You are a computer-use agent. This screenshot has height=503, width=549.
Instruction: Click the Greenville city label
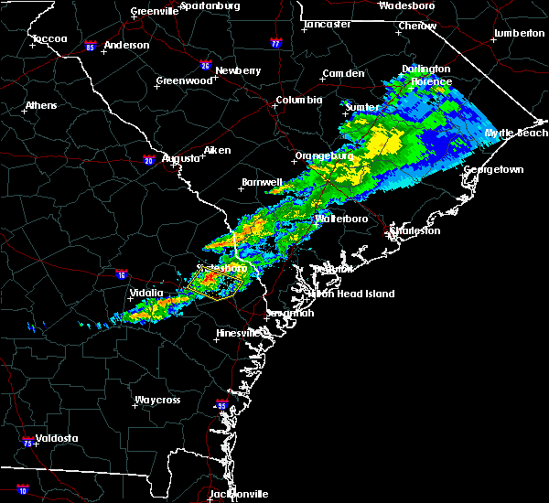(154, 11)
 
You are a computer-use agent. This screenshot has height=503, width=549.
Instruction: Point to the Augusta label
(180, 158)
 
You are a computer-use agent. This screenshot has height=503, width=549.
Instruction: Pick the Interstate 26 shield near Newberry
(206, 65)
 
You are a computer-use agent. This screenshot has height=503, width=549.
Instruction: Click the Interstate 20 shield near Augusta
(148, 161)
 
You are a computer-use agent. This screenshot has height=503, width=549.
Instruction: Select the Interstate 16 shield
(122, 273)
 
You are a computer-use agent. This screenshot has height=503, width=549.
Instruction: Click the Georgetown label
(493, 170)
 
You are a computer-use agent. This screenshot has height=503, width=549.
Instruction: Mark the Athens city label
(41, 105)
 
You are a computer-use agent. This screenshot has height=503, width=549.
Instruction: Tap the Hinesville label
(238, 333)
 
